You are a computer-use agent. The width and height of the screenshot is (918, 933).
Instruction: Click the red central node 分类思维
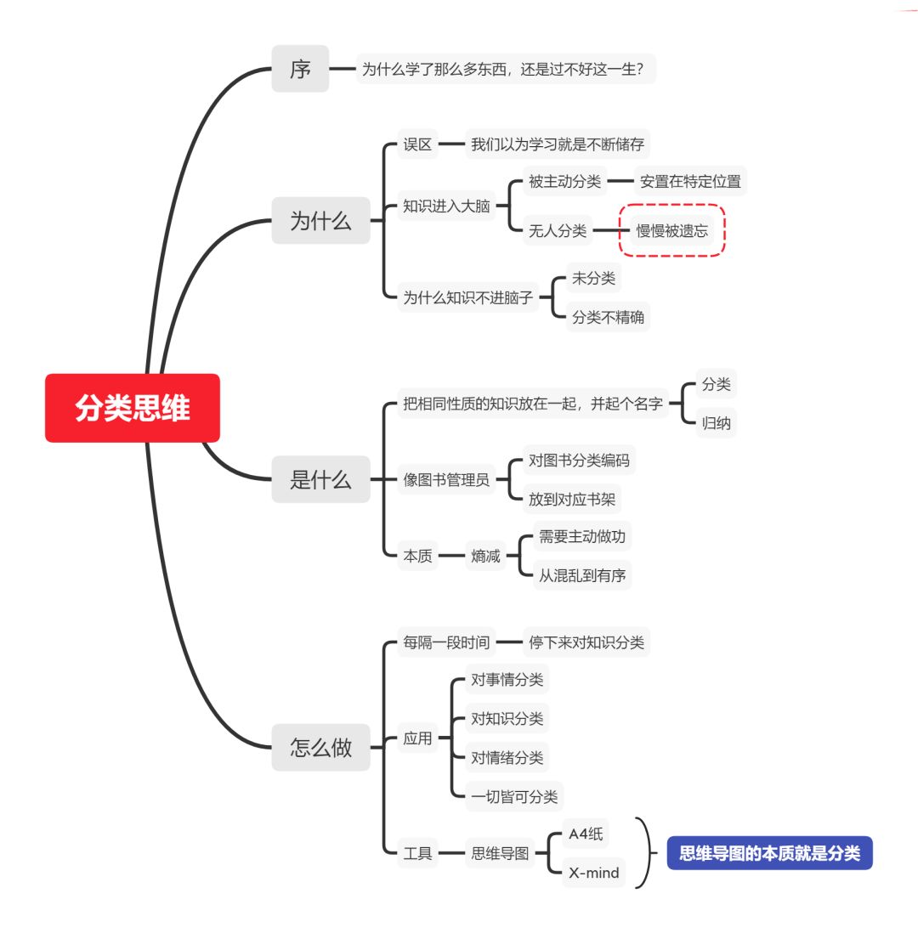pyautogui.click(x=133, y=408)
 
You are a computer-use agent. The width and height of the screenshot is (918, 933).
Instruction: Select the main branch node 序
pyautogui.click(x=300, y=69)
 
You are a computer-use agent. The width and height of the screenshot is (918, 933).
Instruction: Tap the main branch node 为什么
pyautogui.click(x=320, y=221)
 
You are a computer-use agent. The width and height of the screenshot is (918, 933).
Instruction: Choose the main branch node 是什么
pyautogui.click(x=320, y=479)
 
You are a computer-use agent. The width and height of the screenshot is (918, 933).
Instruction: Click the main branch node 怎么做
pyautogui.click(x=320, y=748)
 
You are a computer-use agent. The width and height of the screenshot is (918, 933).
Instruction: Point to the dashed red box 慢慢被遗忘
pyautogui.click(x=671, y=230)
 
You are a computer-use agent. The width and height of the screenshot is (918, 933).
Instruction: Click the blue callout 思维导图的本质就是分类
pyautogui.click(x=769, y=853)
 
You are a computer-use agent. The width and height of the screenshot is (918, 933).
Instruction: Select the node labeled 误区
pyautogui.click(x=417, y=144)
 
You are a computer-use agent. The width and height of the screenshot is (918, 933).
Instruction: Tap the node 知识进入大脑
pyautogui.click(x=446, y=206)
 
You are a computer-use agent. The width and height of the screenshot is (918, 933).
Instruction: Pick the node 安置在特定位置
pyautogui.click(x=690, y=181)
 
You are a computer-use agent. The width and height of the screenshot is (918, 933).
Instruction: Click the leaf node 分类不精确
pyautogui.click(x=608, y=318)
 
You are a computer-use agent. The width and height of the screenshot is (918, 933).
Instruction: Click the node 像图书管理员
pyautogui.click(x=446, y=480)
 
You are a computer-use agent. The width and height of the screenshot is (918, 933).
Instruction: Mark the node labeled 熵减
pyautogui.click(x=485, y=557)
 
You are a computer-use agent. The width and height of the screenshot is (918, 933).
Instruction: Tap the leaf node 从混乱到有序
pyautogui.click(x=582, y=575)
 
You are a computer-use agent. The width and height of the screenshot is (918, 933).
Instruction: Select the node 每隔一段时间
pyautogui.click(x=446, y=642)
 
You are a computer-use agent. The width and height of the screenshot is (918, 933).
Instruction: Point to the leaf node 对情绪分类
pyautogui.click(x=507, y=757)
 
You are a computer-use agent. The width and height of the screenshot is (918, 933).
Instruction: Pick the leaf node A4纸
pyautogui.click(x=586, y=834)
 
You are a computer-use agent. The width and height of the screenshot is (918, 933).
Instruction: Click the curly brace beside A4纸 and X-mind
pyautogui.click(x=649, y=853)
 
